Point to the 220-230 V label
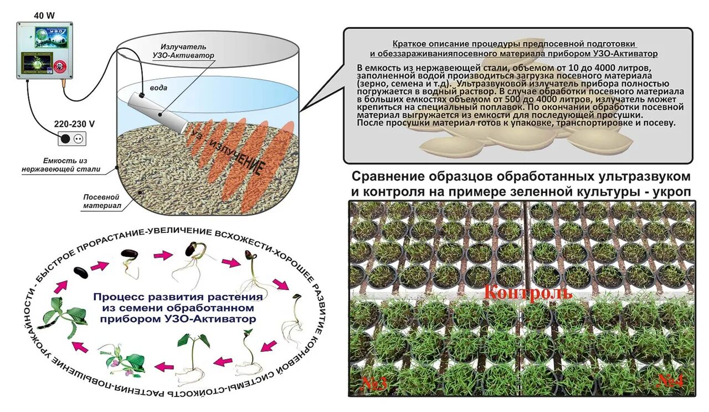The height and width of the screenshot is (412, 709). (x=74, y=123)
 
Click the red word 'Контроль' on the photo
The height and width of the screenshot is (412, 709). (x=528, y=292)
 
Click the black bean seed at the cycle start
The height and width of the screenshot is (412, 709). (x=81, y=273)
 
